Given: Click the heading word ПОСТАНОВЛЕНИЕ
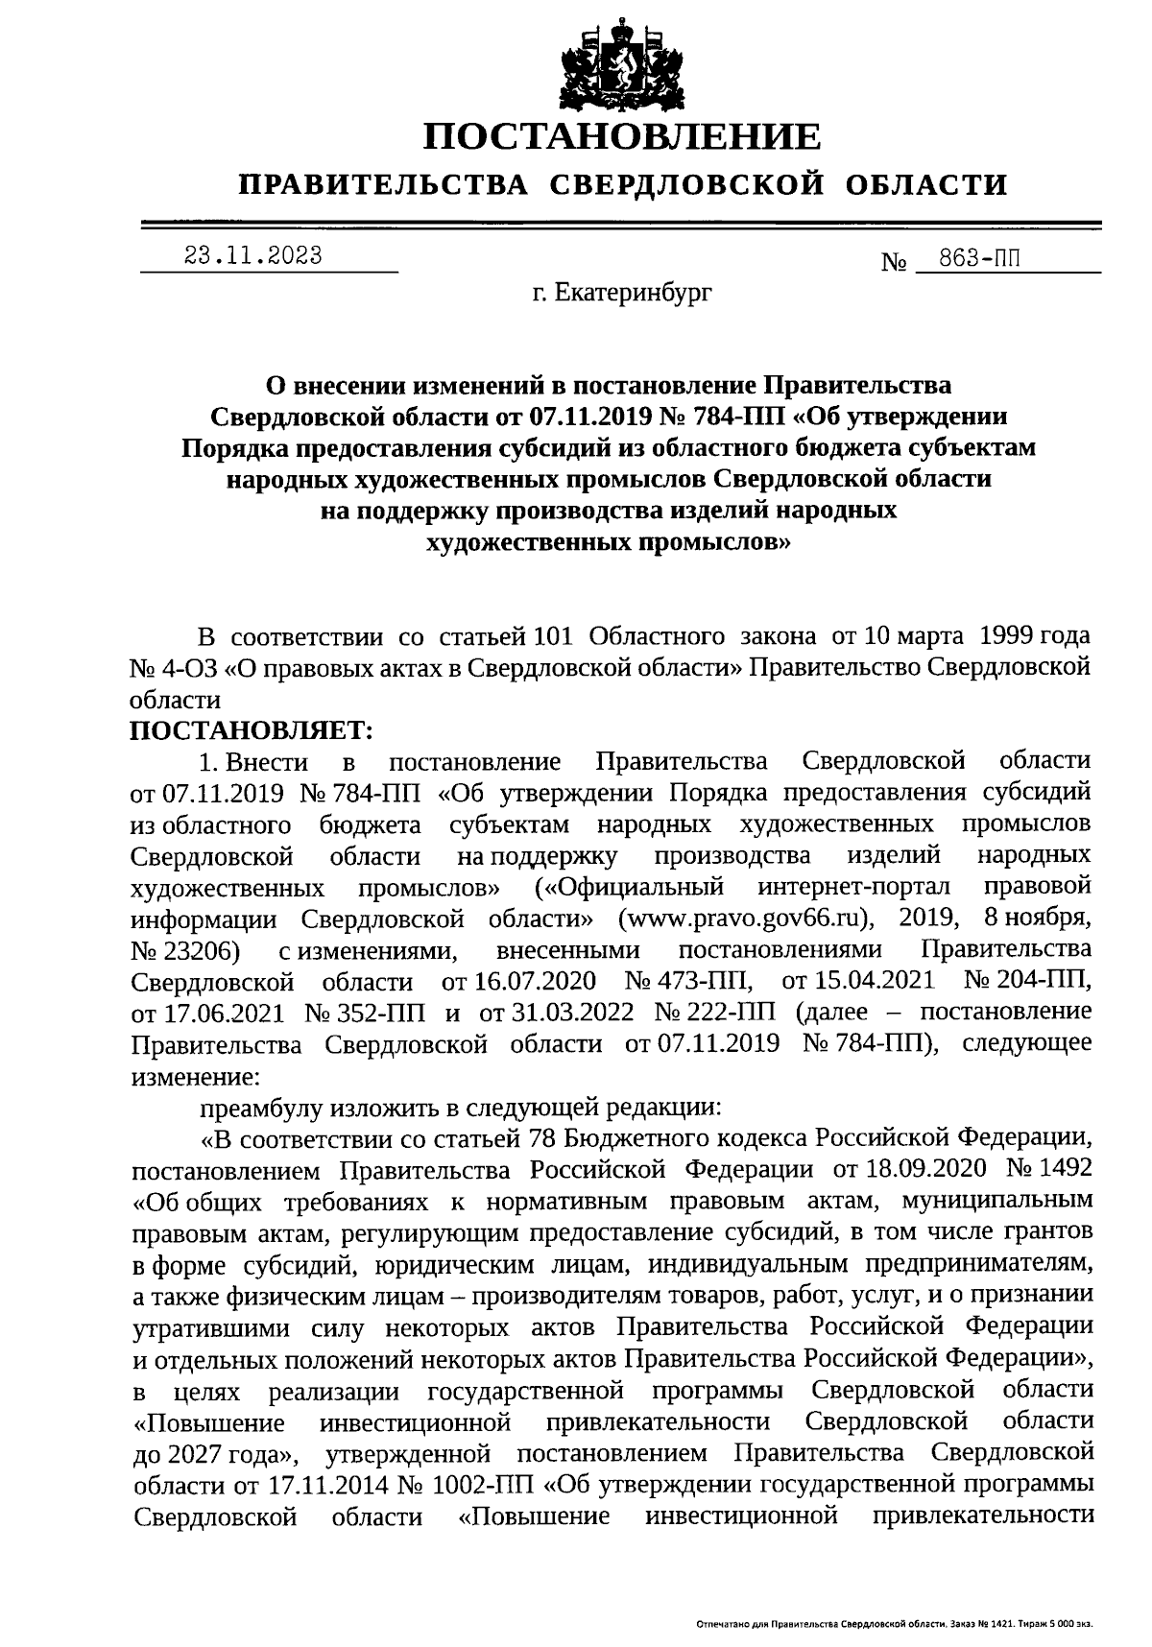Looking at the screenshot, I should click(x=622, y=136).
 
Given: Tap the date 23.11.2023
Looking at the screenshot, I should click(x=252, y=256).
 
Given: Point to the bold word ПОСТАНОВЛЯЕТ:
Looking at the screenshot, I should click(x=252, y=730).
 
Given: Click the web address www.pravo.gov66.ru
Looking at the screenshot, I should click(x=746, y=918).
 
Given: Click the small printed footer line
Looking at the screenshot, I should click(x=893, y=1625).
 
